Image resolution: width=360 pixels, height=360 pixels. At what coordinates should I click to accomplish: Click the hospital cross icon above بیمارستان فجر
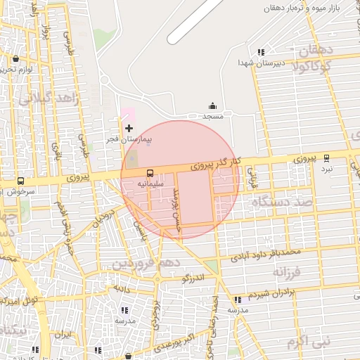[x=129, y=127]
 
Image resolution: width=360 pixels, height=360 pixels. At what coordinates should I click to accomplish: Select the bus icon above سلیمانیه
[x=150, y=173]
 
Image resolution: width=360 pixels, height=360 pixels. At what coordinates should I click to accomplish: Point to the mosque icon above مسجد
[x=212, y=105]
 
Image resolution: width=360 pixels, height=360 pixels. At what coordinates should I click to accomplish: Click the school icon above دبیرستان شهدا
[x=261, y=51]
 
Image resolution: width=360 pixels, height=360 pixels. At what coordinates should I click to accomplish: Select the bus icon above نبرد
[x=326, y=158]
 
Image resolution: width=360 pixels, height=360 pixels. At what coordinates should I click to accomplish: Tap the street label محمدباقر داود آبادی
[x=269, y=252]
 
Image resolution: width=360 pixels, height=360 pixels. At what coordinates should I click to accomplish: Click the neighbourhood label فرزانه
[x=287, y=271]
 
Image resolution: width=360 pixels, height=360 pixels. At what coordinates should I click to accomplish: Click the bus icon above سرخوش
[x=20, y=181]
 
